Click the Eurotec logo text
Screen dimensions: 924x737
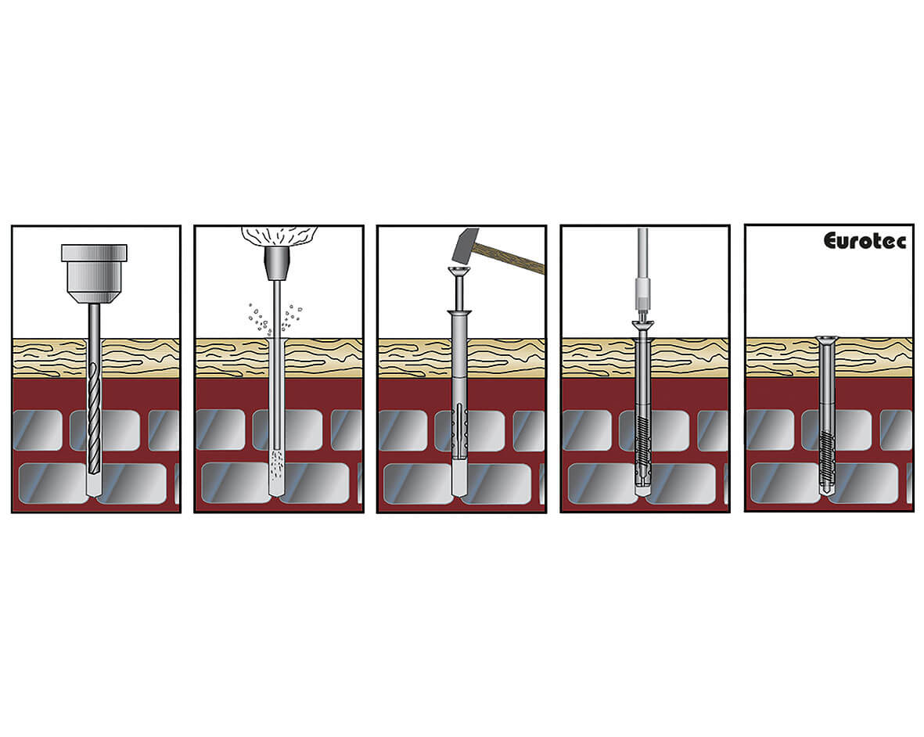pos(865,240)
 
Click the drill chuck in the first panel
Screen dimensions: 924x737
pos(95,273)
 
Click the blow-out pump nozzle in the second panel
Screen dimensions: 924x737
pos(276,264)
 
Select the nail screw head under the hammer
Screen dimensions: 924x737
pos(460,271)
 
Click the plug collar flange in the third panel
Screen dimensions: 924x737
pos(459,312)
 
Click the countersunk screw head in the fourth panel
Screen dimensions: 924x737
pos(643,325)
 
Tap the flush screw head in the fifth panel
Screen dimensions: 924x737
pos(828,339)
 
